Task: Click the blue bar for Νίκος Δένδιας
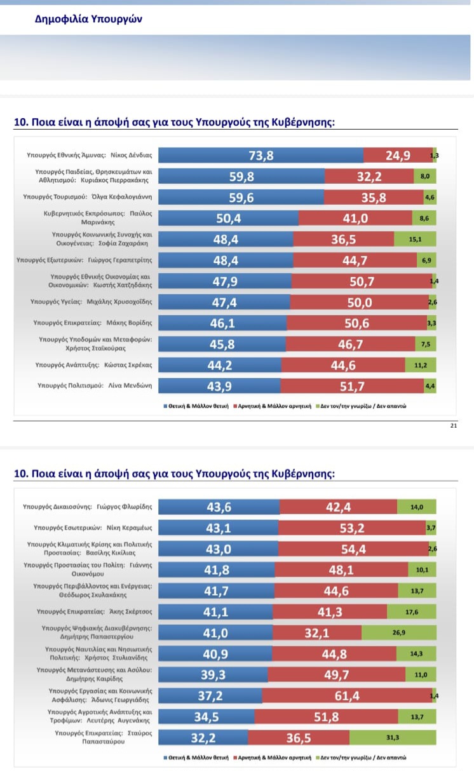tap(261, 155)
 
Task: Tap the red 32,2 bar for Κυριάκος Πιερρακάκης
tap(369, 176)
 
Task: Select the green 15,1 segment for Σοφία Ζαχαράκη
tap(415, 239)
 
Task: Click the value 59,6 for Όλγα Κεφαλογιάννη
tap(241, 197)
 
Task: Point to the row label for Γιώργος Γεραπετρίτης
tap(84, 260)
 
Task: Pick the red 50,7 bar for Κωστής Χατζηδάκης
tap(360, 281)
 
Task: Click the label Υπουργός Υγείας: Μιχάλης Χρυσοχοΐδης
tap(86, 302)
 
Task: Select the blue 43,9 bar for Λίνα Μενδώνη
tap(219, 386)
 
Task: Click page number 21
tap(453, 426)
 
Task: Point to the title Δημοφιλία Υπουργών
tap(88, 19)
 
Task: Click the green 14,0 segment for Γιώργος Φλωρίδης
tap(417, 507)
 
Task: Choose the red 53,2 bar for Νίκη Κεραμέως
tap(352, 528)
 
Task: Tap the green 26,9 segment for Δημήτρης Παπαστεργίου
tap(399, 632)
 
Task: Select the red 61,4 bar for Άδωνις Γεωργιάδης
tap(347, 695)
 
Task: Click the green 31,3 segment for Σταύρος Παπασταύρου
tap(393, 737)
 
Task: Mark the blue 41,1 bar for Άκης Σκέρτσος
tap(215, 611)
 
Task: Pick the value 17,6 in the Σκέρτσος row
tap(412, 611)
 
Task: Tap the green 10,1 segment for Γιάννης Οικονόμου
tap(422, 570)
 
